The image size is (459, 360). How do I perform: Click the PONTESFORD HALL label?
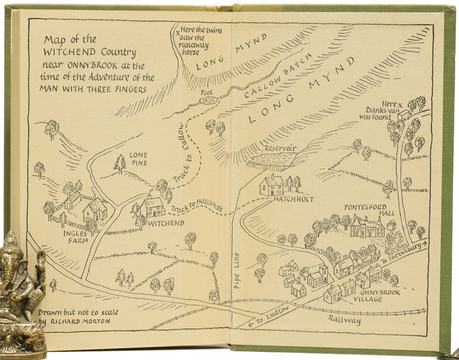364,210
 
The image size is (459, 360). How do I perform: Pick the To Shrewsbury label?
403,252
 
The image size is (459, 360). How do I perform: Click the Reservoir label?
280,149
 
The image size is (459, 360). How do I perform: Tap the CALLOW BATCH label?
279,75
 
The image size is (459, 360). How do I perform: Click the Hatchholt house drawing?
271,185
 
